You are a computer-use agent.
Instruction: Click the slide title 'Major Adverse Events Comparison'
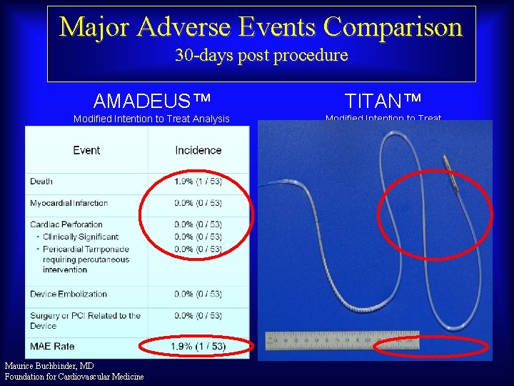[x=261, y=27]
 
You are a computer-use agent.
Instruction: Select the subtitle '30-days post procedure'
[x=261, y=56]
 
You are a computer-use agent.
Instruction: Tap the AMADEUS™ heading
[x=151, y=99]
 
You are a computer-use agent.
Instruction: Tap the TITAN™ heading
[x=383, y=99]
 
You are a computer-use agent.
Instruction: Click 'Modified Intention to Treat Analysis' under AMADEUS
[x=151, y=119]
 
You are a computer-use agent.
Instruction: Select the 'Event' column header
[x=86, y=150]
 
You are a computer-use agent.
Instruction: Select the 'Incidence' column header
[x=198, y=150]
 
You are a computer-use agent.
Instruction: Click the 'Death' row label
[x=41, y=182]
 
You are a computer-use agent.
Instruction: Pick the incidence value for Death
[x=198, y=182]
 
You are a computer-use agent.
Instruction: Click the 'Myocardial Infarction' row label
[x=69, y=204]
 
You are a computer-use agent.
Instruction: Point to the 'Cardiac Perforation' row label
[x=66, y=224]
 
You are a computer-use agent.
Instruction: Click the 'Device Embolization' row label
[x=69, y=294]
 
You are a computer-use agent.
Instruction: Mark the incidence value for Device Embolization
[x=198, y=294]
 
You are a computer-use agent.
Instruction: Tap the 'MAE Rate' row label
[x=52, y=347]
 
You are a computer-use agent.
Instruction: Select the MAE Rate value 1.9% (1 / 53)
[x=198, y=347]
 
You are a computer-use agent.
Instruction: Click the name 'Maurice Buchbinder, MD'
[x=49, y=366]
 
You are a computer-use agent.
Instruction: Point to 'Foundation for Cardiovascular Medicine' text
[x=74, y=377]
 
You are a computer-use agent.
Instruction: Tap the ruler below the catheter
[x=343, y=340]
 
